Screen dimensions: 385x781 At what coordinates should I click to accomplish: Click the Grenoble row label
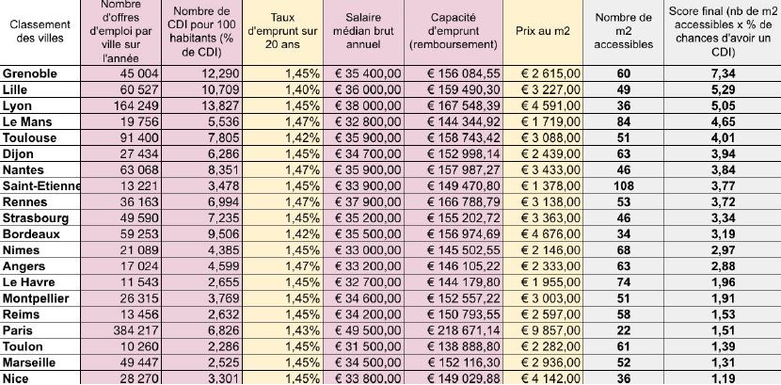click(x=31, y=73)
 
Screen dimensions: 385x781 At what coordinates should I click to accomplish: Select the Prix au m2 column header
click(x=543, y=31)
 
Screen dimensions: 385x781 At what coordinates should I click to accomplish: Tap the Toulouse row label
click(x=30, y=137)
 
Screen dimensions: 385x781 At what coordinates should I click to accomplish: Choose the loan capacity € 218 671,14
click(x=462, y=330)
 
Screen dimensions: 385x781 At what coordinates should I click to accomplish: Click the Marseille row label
click(x=33, y=362)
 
